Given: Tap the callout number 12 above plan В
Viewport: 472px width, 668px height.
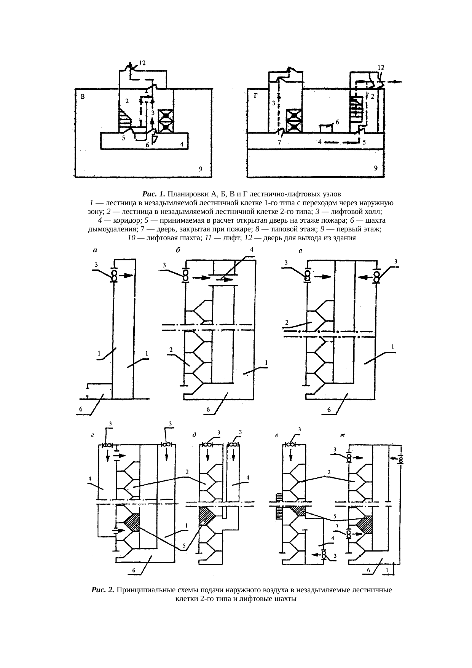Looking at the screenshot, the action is pyautogui.click(x=142, y=62).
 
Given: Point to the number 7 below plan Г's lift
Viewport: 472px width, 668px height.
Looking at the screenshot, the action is pyautogui.click(x=279, y=142).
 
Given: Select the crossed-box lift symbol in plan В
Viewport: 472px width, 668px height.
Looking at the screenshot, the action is pyautogui.click(x=166, y=121).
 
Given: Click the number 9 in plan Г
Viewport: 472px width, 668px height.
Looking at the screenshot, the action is pyautogui.click(x=375, y=168).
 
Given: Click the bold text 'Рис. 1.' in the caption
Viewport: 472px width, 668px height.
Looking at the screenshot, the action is pyautogui.click(x=154, y=193).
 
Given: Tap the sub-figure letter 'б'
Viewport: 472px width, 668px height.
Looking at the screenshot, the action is pyautogui.click(x=177, y=250).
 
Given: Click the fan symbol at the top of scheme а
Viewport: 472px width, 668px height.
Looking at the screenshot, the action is pyautogui.click(x=113, y=275).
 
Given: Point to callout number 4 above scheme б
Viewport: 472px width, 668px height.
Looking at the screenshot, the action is pyautogui.click(x=252, y=249).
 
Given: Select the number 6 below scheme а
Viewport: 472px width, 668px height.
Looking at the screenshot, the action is pyautogui.click(x=80, y=410).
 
